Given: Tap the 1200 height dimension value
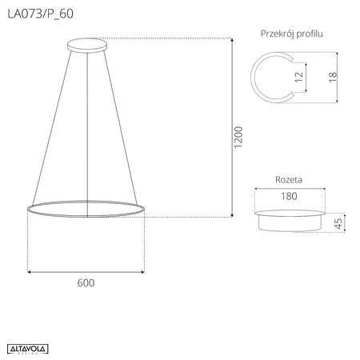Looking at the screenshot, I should pyautogui.click(x=238, y=138).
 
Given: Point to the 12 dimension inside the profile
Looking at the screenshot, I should pyautogui.click(x=298, y=78).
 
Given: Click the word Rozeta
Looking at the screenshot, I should pyautogui.click(x=289, y=181).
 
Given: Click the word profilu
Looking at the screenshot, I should pyautogui.click(x=318, y=34).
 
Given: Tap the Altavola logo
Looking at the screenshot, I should pyautogui.click(x=29, y=346).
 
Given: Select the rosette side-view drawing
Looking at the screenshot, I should pyautogui.click(x=290, y=220).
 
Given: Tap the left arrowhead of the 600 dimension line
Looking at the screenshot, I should pyautogui.click(x=30, y=273).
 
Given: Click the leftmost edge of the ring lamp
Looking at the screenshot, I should pyautogui.click(x=27, y=209).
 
